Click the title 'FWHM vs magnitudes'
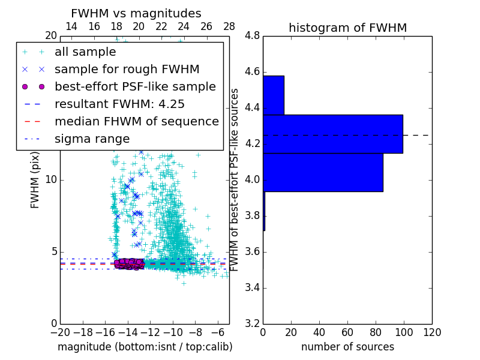click(136, 13)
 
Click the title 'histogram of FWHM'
click(347, 28)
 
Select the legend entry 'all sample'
click(85, 52)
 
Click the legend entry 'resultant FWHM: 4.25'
click(119, 104)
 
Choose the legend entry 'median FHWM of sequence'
click(136, 121)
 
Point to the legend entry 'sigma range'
click(92, 139)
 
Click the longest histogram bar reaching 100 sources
click(332, 134)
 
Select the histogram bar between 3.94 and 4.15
click(323, 172)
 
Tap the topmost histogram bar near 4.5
click(273, 95)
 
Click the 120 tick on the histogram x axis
click(431, 332)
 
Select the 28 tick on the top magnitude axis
click(229, 27)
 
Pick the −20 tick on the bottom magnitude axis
click(60, 332)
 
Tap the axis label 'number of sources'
click(347, 347)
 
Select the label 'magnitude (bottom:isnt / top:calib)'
click(145, 347)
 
